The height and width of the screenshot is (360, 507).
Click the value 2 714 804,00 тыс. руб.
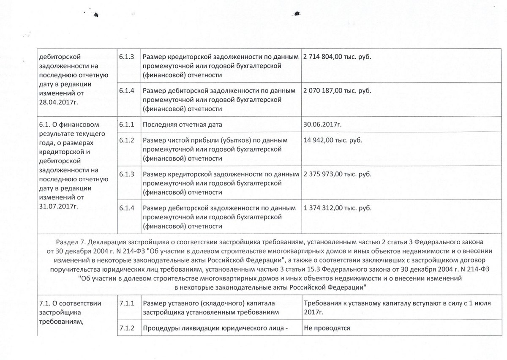[337, 57]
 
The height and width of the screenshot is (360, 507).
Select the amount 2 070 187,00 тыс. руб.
[337, 91]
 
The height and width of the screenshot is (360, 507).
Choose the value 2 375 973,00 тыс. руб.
[337, 174]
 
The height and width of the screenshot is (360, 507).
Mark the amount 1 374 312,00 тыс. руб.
[337, 208]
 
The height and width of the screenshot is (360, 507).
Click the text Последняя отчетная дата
[183, 125]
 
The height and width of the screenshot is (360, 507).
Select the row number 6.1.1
[126, 125]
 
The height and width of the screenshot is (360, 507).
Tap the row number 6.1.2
[126, 140]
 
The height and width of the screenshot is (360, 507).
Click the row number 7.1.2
[127, 328]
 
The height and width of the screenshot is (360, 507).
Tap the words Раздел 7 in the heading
[68, 240]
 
